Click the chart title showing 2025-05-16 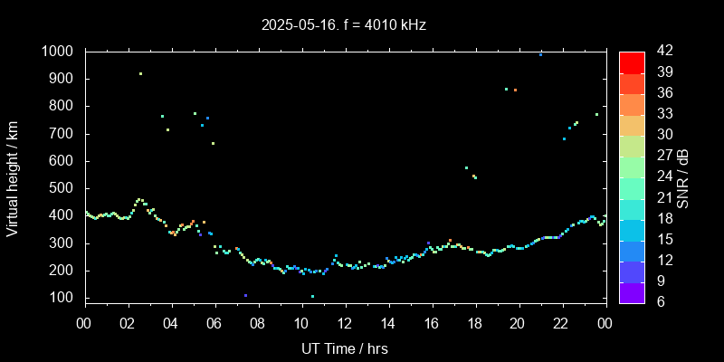coord(344,25)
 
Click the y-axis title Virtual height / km coord(13,178)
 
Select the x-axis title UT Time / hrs coord(345,348)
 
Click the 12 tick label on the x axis coord(345,323)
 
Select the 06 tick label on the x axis coord(214,323)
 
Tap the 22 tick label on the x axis coord(562,323)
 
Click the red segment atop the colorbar coord(632,62)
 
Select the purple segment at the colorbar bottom coord(632,291)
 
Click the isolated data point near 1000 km coord(540,54)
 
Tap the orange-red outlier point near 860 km coord(515,90)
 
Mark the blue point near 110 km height coord(245,295)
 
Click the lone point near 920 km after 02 coord(140,74)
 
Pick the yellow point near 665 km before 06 coord(213,143)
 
